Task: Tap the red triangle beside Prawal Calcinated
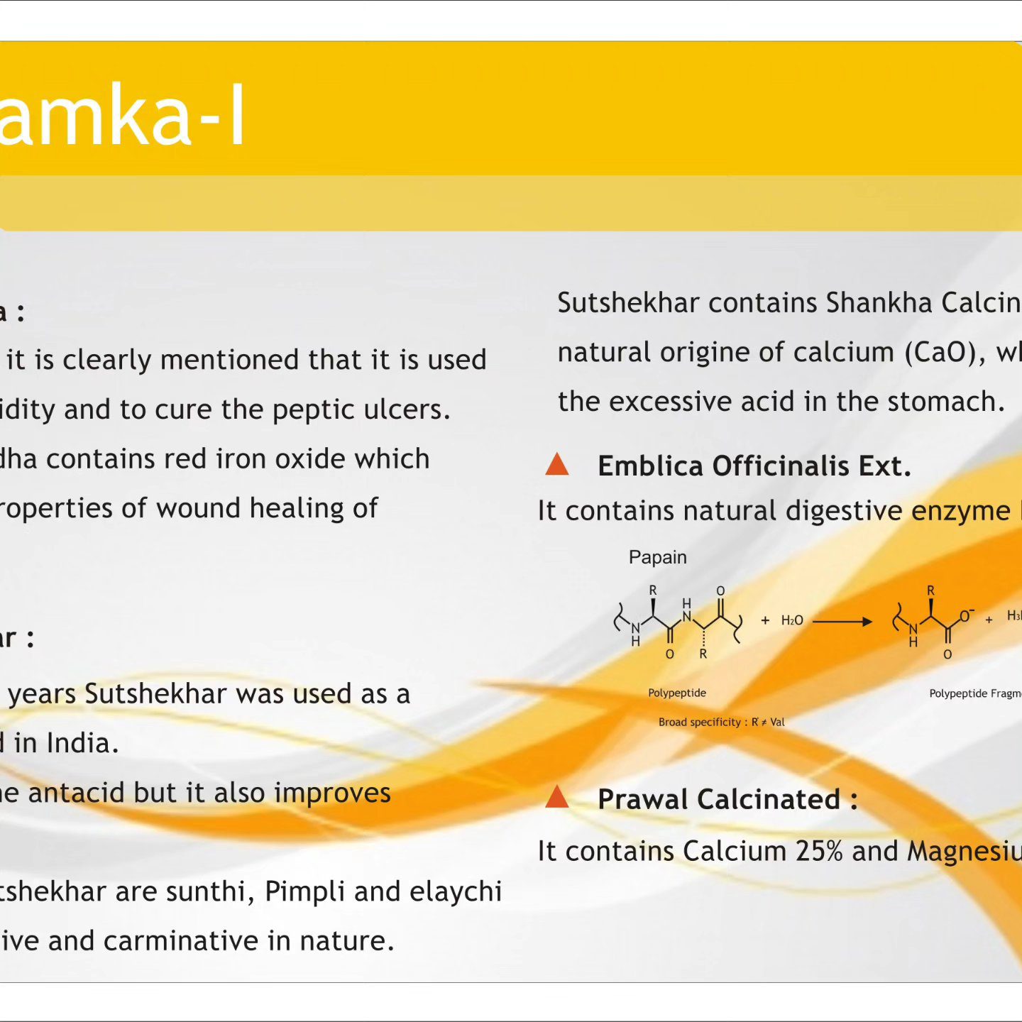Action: click(556, 796)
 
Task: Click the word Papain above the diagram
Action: click(657, 557)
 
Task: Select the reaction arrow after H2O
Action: click(842, 622)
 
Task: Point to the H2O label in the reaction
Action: click(792, 620)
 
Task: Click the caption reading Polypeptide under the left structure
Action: click(677, 693)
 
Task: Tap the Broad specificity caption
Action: click(721, 722)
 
